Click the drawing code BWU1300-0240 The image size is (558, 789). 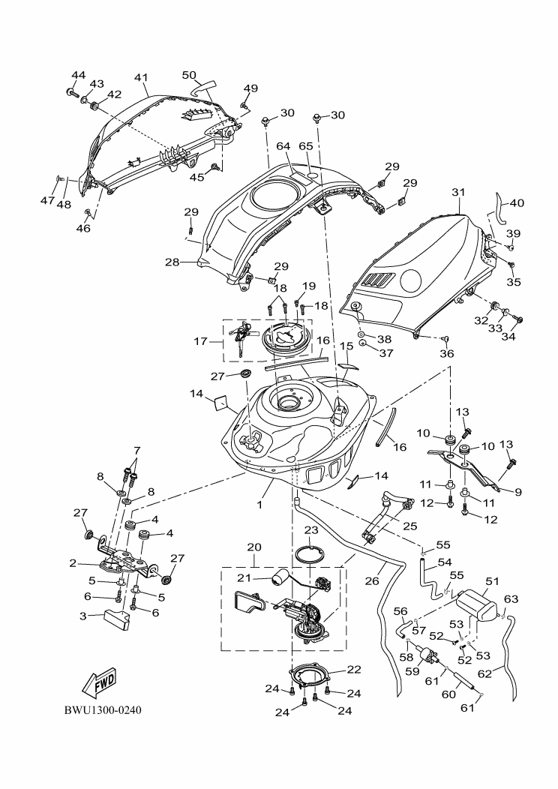(x=103, y=710)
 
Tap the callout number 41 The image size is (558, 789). (x=142, y=77)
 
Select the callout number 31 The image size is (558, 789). (x=458, y=192)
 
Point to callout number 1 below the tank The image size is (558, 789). (x=259, y=504)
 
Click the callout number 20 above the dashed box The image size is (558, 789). (x=254, y=547)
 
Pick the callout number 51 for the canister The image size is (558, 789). (x=492, y=581)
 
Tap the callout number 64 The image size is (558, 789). (x=283, y=146)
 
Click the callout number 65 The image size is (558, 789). (x=306, y=146)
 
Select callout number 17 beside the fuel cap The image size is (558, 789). (x=201, y=342)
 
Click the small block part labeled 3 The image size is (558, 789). (x=117, y=617)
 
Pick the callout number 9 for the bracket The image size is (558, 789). (x=518, y=492)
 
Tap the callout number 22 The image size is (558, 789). (x=354, y=669)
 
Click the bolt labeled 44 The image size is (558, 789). (x=71, y=92)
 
